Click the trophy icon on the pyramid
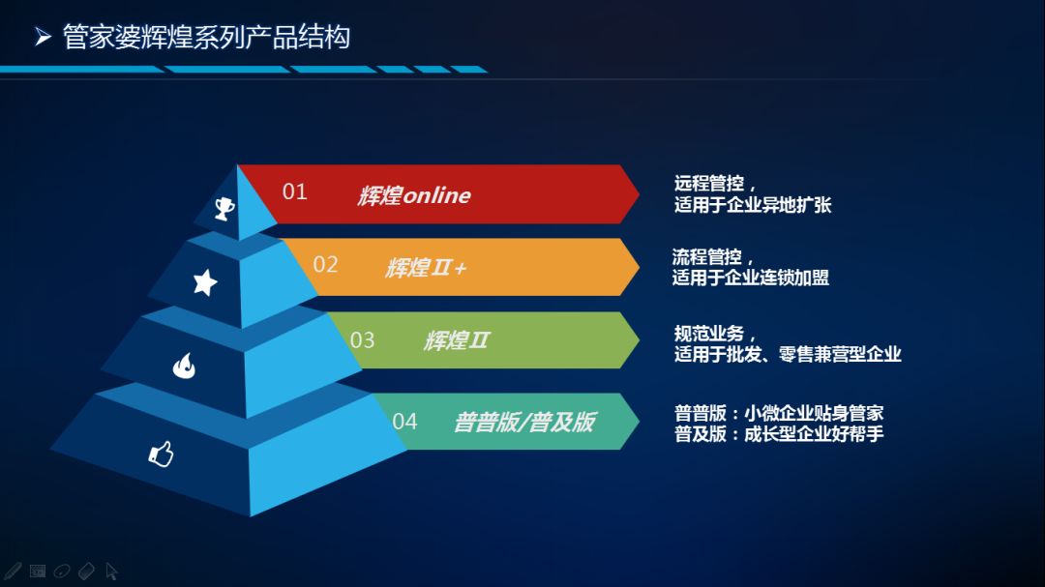[224, 209]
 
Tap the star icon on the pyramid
[205, 282]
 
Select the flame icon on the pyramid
[184, 366]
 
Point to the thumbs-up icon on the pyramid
[162, 454]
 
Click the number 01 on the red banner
[294, 191]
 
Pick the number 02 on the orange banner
[325, 265]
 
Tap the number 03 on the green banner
[362, 340]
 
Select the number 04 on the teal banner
[404, 422]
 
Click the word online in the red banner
[437, 195]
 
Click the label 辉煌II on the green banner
[457, 340]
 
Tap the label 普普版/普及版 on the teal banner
[524, 422]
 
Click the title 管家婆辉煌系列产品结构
[207, 37]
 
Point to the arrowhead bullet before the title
[44, 37]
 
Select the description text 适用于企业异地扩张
[753, 205]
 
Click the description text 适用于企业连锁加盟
[751, 278]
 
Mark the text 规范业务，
[715, 333]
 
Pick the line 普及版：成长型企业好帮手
[779, 434]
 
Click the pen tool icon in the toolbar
[13, 571]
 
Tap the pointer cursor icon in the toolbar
[111, 571]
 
